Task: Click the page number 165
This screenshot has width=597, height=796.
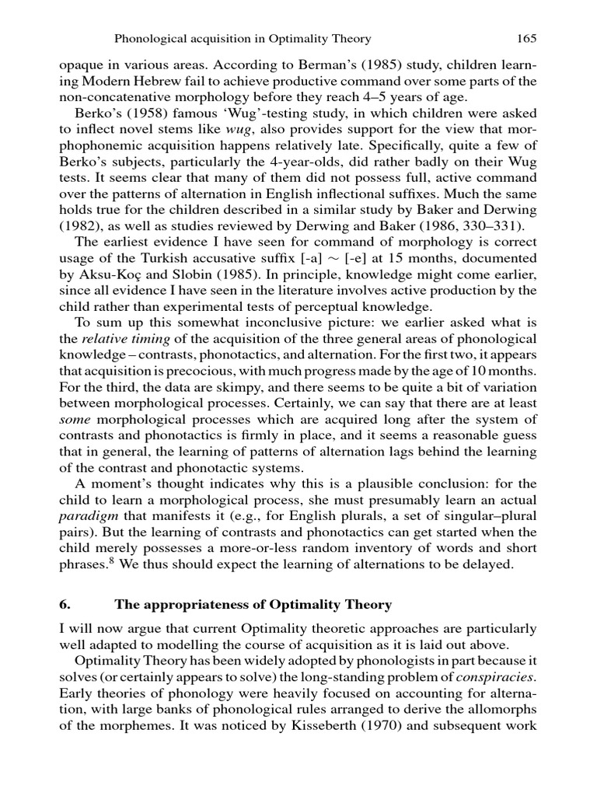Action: (x=526, y=38)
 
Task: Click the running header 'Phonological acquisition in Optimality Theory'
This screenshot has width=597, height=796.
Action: (x=243, y=38)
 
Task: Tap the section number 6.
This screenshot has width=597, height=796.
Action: (x=65, y=604)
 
